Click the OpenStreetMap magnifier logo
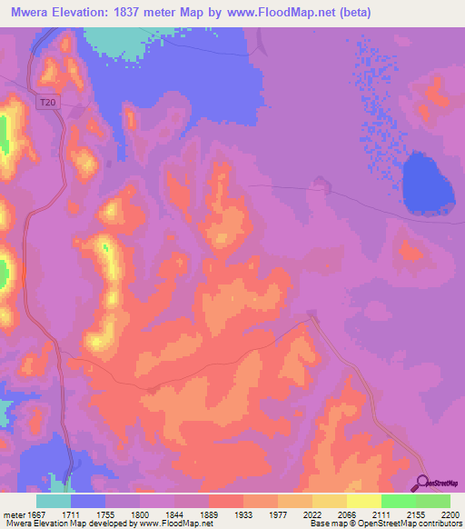coord(423,484)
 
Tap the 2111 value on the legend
coord(371,514)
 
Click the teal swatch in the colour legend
coord(54,501)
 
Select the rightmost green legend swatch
coord(433,501)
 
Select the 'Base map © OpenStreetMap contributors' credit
coord(385,524)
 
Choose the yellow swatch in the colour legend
coord(364,501)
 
